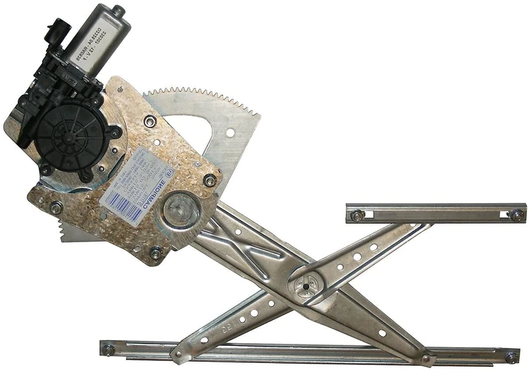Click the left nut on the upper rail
tap(357, 215)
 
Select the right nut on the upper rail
tap(516, 214)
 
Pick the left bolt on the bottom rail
tap(108, 348)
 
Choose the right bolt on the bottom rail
tap(512, 356)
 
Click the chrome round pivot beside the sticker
tap(181, 211)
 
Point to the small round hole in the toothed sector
tap(230, 133)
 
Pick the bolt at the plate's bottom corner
tap(155, 252)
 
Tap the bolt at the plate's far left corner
tap(56, 208)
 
